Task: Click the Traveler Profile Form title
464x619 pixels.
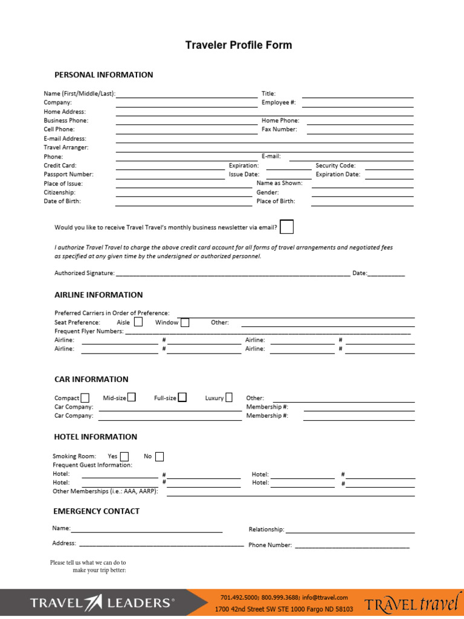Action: [x=238, y=45]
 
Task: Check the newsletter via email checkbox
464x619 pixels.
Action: [x=287, y=227]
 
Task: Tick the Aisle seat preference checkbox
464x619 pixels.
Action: [x=138, y=322]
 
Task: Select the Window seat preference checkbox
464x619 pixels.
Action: [x=185, y=322]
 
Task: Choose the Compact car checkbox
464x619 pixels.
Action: [x=85, y=398]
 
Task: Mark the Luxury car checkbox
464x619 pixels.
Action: [x=229, y=398]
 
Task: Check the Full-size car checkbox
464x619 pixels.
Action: [x=182, y=397]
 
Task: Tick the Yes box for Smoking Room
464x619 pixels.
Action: [x=124, y=456]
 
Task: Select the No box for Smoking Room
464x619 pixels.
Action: [x=159, y=456]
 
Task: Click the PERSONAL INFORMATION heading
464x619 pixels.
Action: [x=104, y=75]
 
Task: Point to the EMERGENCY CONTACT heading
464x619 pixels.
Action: [x=97, y=511]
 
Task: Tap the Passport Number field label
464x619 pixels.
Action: [x=68, y=174]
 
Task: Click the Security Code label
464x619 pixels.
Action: [x=335, y=165]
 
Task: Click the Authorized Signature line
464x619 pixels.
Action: [x=233, y=274]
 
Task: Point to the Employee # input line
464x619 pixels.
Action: [x=358, y=102]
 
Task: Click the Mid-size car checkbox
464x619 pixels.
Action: [x=131, y=397]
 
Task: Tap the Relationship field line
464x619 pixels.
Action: [x=350, y=530]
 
